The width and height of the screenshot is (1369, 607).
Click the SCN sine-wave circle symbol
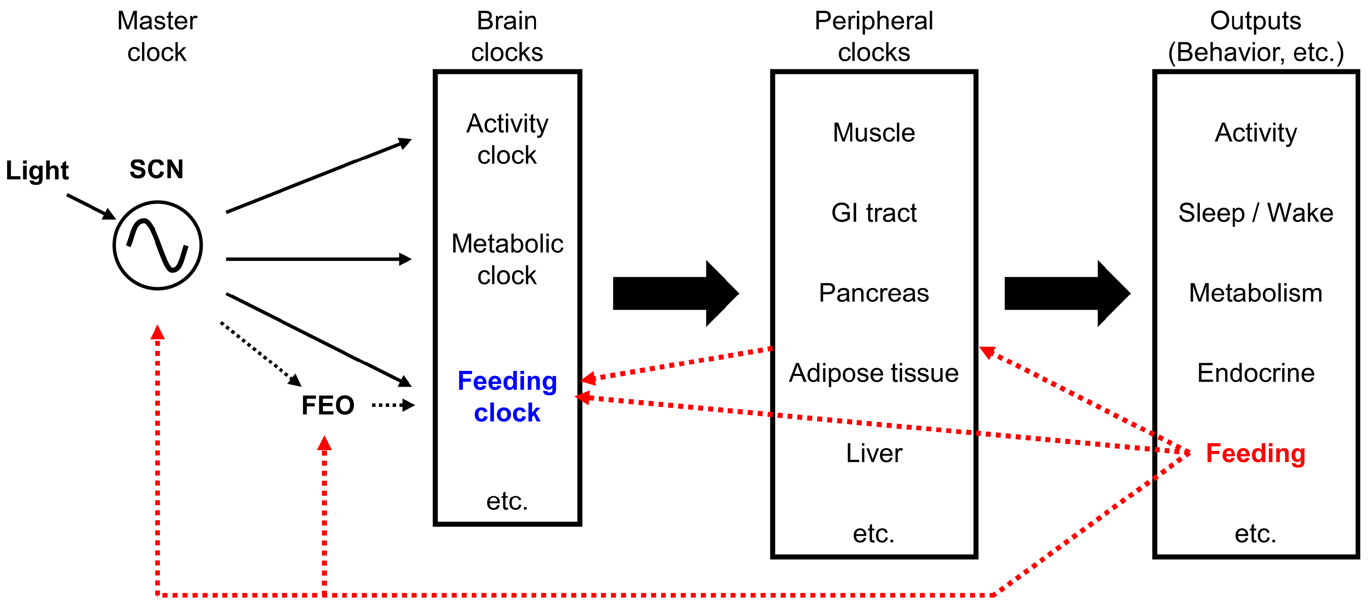click(x=158, y=245)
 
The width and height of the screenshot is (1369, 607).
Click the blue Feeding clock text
click(x=507, y=396)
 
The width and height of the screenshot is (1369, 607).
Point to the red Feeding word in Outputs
click(x=1255, y=453)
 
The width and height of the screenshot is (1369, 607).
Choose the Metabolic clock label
click(x=507, y=259)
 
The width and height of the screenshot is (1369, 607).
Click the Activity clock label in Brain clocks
click(x=507, y=139)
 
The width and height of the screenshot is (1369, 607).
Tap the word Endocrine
click(x=1255, y=373)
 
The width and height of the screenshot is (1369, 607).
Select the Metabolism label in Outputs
click(x=1255, y=293)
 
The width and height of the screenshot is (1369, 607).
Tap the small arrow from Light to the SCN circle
click(x=90, y=206)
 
